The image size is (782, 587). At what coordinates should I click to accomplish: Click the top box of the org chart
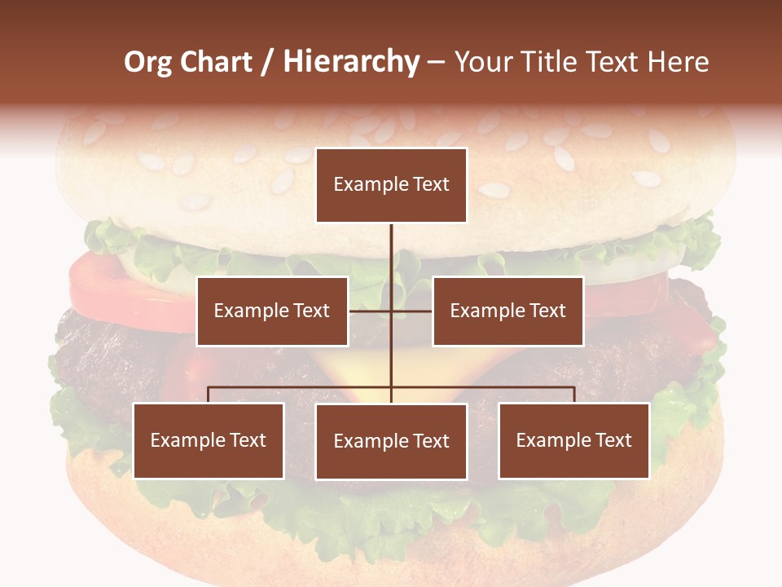click(391, 185)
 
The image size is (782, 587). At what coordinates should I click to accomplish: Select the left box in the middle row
click(272, 311)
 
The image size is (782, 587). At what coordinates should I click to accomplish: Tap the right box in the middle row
click(507, 311)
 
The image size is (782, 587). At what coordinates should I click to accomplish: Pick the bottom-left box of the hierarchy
click(209, 440)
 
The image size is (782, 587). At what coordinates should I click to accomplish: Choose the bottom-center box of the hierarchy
click(391, 441)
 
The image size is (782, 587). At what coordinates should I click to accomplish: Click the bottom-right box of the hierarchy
click(573, 440)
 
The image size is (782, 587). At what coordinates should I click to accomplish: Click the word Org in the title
click(147, 62)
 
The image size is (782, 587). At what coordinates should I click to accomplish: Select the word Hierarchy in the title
click(351, 62)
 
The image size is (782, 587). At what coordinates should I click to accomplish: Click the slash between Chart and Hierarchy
click(268, 63)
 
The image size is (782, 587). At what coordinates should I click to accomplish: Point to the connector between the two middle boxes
click(391, 311)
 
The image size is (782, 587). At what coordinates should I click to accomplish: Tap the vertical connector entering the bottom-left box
click(209, 395)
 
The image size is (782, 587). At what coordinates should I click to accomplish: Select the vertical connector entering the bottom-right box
click(574, 395)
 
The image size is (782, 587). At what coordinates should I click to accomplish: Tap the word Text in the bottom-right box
click(613, 440)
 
